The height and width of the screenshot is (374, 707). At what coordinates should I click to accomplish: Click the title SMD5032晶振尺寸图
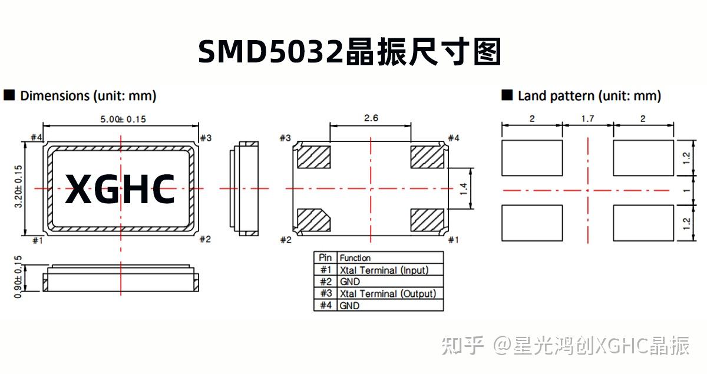(x=349, y=52)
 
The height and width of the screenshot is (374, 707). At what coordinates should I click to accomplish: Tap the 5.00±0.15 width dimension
(x=123, y=119)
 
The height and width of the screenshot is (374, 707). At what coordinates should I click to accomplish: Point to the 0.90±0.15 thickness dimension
(x=18, y=277)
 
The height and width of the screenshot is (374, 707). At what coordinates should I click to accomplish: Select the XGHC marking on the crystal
(x=120, y=189)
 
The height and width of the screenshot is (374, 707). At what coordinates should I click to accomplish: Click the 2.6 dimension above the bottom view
(x=371, y=118)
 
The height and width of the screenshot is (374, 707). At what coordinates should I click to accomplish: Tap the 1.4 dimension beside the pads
(x=464, y=189)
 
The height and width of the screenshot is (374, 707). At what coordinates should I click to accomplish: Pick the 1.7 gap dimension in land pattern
(x=587, y=118)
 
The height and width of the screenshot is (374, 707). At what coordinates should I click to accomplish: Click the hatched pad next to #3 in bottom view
(x=314, y=156)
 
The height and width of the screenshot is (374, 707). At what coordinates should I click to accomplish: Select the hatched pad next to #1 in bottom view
(x=427, y=220)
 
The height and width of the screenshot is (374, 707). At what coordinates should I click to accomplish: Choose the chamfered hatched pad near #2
(x=314, y=220)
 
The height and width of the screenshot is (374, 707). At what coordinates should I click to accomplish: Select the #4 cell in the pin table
(x=325, y=306)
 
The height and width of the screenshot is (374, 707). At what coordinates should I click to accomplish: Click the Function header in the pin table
(x=355, y=258)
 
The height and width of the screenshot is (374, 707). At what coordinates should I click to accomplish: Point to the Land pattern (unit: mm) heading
(x=589, y=95)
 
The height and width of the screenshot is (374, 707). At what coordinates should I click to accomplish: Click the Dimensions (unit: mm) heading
(x=88, y=95)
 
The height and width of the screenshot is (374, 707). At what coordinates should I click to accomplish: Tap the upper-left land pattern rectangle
(x=532, y=158)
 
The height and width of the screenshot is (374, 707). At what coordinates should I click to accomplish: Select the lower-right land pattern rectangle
(x=643, y=223)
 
